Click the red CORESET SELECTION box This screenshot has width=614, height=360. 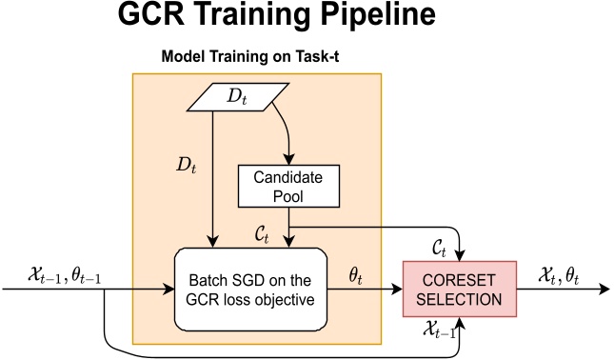462,289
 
